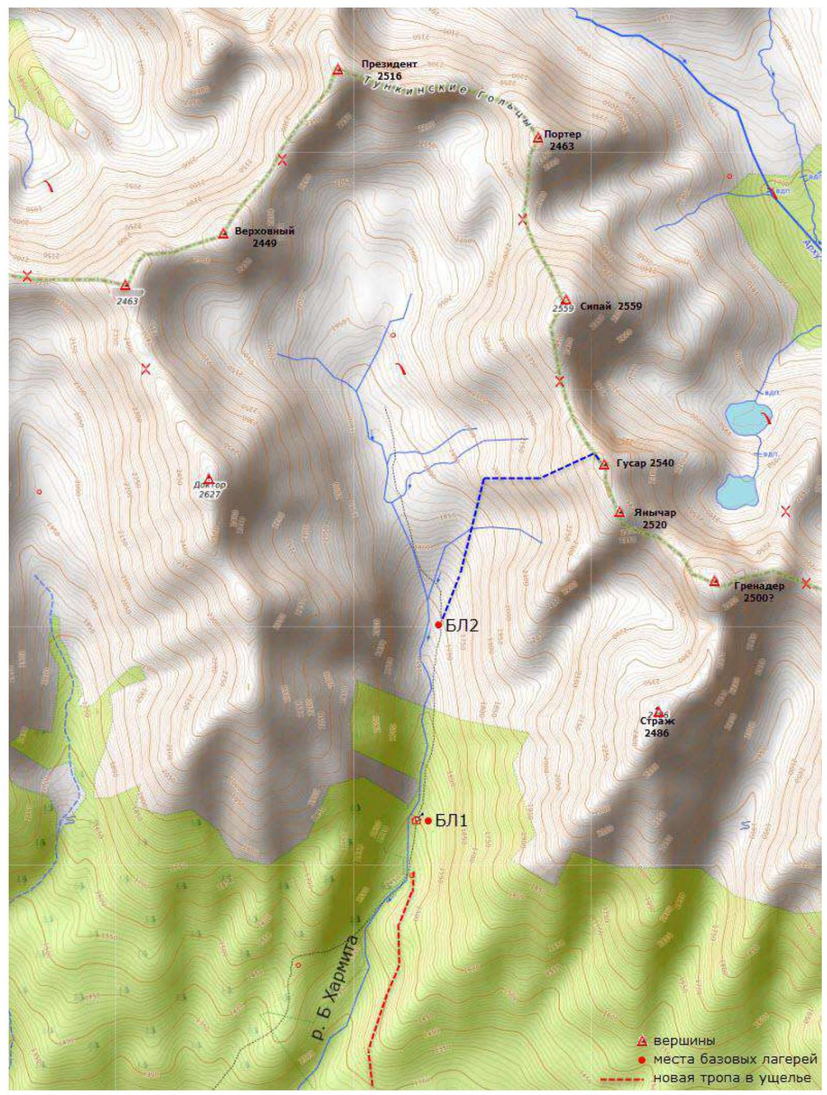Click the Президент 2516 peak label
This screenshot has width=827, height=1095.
[381, 70]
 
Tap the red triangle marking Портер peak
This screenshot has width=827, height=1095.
[537, 138]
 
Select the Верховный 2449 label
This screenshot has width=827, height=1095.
[264, 237]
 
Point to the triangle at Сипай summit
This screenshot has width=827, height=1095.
[566, 300]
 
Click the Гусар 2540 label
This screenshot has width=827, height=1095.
[644, 463]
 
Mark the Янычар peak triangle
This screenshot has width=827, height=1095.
[619, 512]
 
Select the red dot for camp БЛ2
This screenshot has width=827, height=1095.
[439, 625]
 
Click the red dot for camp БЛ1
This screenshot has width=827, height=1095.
[428, 820]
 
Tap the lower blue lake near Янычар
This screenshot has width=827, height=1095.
[737, 491]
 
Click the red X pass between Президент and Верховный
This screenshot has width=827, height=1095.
[283, 159]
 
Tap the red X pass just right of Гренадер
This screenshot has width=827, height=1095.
[806, 583]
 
